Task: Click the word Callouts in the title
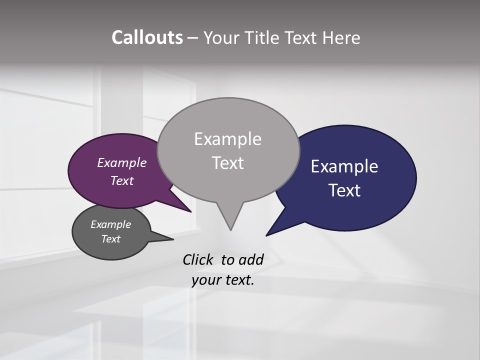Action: pyautogui.click(x=147, y=38)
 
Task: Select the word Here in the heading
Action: pyautogui.click(x=341, y=38)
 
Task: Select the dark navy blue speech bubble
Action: pyautogui.click(x=380, y=205)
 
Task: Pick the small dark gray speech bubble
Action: pyautogui.click(x=90, y=247)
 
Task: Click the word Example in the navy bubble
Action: pyautogui.click(x=344, y=166)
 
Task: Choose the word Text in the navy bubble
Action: pyautogui.click(x=344, y=190)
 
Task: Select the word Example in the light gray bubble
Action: pyautogui.click(x=227, y=139)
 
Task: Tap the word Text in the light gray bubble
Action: pyautogui.click(x=227, y=163)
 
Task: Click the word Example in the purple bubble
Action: pyautogui.click(x=121, y=163)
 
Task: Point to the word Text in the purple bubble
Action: pyautogui.click(x=121, y=180)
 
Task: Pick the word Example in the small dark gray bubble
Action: pyautogui.click(x=110, y=224)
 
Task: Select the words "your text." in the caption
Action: pyautogui.click(x=222, y=280)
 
